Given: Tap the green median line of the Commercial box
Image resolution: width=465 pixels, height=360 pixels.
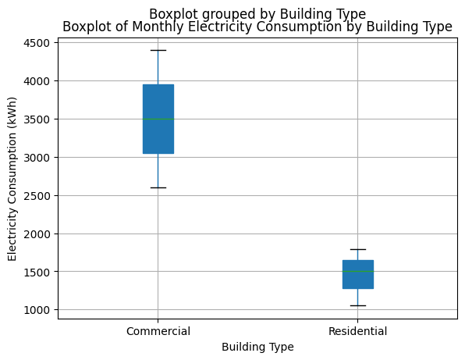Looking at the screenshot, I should pyautogui.click(x=158, y=119).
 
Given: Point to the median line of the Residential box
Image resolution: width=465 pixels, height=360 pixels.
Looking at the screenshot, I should pyautogui.click(x=357, y=272).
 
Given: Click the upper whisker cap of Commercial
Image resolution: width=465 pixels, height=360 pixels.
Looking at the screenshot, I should pyautogui.click(x=158, y=50).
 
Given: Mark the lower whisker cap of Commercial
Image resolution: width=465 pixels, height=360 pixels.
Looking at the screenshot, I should pyautogui.click(x=158, y=187).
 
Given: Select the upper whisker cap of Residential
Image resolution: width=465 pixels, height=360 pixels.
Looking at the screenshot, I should pyautogui.click(x=357, y=249).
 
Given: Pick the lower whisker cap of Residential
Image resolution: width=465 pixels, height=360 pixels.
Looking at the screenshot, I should pyautogui.click(x=357, y=305).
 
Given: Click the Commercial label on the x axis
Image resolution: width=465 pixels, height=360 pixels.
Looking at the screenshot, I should pyautogui.click(x=158, y=331).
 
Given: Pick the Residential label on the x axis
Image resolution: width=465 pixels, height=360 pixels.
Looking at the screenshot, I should pyautogui.click(x=357, y=331).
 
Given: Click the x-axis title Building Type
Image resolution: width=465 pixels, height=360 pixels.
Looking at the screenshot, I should pyautogui.click(x=257, y=347).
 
